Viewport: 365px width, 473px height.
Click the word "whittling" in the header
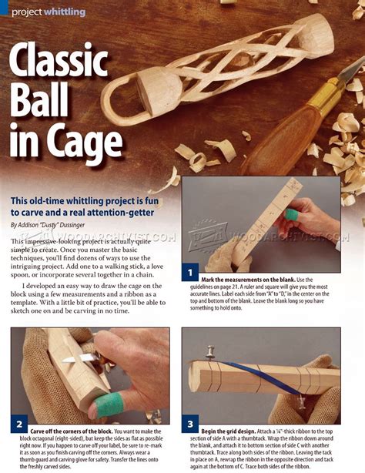point(64,11)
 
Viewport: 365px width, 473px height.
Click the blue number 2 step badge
point(20,424)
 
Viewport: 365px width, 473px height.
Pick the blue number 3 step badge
point(191,424)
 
